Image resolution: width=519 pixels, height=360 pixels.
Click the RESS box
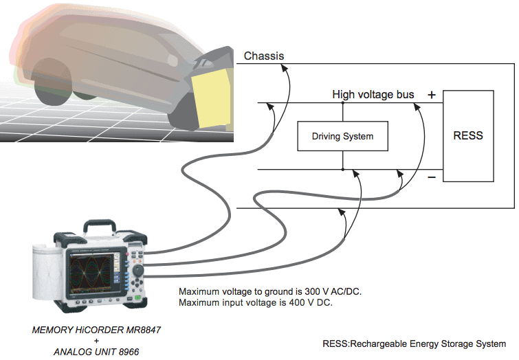point(468,135)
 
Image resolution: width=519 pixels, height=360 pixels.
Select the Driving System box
point(342,136)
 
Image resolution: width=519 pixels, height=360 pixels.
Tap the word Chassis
point(264,56)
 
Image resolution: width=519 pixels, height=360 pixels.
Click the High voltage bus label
point(373,94)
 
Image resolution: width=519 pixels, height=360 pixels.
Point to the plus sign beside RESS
point(431,95)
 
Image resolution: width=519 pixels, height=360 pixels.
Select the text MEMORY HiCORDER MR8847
point(97,330)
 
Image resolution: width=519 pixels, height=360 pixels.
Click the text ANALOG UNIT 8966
point(96,352)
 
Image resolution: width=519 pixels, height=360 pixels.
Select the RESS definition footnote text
point(414,344)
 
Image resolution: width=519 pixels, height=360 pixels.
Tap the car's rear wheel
point(52,81)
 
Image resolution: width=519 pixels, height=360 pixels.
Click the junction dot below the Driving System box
point(342,170)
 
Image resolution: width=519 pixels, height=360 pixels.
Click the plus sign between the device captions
point(96,341)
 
